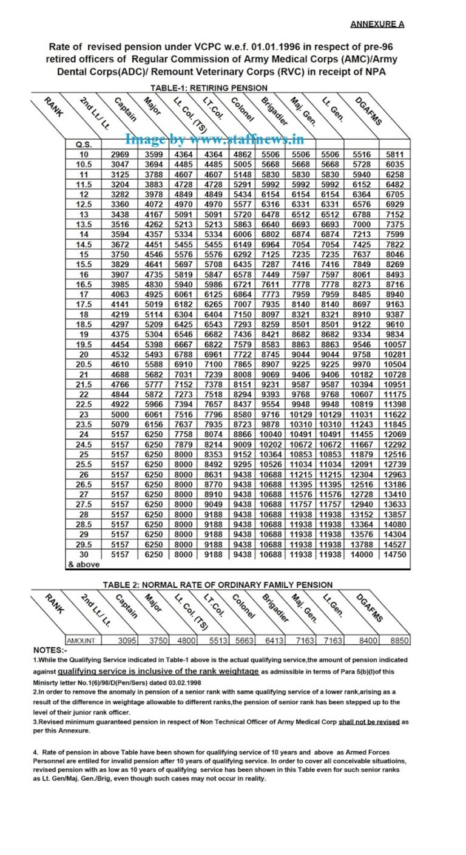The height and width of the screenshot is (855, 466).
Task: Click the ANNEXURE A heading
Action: (x=377, y=24)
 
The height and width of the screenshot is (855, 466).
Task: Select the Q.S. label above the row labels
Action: (x=83, y=145)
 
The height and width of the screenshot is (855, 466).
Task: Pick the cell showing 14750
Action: (x=394, y=554)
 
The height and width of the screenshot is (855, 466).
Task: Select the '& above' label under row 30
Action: (x=83, y=564)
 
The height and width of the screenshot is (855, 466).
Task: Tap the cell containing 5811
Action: (x=394, y=154)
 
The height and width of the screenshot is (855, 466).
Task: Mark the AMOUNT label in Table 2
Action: (x=81, y=640)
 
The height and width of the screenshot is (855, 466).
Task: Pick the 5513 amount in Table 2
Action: (x=219, y=640)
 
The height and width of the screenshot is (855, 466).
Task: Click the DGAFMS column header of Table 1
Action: (x=370, y=112)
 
